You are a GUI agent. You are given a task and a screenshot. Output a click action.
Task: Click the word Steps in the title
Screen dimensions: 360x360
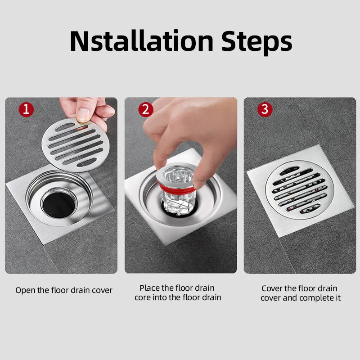[x=255, y=41]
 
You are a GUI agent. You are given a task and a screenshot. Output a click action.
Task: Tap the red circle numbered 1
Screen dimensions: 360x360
[x=26, y=109]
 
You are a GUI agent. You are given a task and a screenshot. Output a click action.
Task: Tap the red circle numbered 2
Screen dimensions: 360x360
[x=146, y=109]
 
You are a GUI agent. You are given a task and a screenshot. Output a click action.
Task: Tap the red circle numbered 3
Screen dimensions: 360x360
[x=265, y=109]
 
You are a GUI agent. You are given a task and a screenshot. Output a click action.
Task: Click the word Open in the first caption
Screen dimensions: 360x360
[x=25, y=291]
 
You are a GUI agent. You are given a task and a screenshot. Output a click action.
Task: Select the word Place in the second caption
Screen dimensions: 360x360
[x=149, y=288]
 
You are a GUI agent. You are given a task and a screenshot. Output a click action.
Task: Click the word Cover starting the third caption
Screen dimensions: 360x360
[x=272, y=288]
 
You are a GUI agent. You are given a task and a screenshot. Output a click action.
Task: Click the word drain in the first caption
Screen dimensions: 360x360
[x=81, y=290]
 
